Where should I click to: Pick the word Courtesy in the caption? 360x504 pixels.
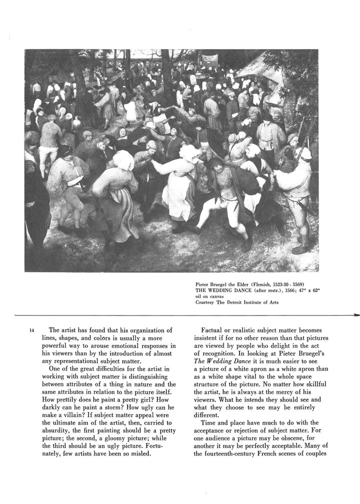pos(205,301)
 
